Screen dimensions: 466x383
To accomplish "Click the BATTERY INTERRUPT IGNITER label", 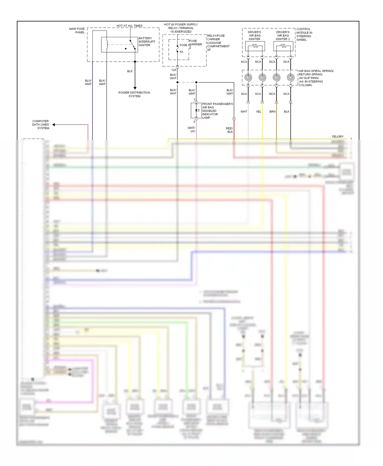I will coord(147,42).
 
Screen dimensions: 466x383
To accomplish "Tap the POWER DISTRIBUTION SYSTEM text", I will coord(134,94).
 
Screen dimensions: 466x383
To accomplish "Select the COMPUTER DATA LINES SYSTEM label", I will coord(41,125).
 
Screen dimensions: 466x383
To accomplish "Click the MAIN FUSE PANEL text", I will coord(77,31).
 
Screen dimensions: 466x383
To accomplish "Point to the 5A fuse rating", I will coord(181,52).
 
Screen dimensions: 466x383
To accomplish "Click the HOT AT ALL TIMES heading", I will coord(129,26).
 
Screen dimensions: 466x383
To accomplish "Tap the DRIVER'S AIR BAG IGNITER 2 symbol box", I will coord(283,46).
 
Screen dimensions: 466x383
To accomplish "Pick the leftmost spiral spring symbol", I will coord(248,77).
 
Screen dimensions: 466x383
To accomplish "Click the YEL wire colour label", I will coord(258,112).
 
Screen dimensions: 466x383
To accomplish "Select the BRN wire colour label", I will coord(272,112).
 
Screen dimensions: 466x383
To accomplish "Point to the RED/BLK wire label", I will coord(229,130).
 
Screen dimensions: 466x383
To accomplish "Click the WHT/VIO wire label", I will coord(191,130).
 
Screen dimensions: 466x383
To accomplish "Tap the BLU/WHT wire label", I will coord(88,82).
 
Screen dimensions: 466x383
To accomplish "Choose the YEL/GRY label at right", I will coord(337,137).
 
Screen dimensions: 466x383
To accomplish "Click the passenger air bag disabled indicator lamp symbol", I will coord(196,110).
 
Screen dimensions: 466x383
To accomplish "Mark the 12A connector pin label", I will coord(174,70).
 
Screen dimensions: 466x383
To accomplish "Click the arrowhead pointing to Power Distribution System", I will coord(135,88).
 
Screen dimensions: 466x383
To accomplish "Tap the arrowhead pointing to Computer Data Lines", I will coord(54,125).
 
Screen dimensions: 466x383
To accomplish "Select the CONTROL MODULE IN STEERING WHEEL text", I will coord(304,34).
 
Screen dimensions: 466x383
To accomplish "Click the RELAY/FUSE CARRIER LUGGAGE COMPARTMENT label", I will coord(218,43).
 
